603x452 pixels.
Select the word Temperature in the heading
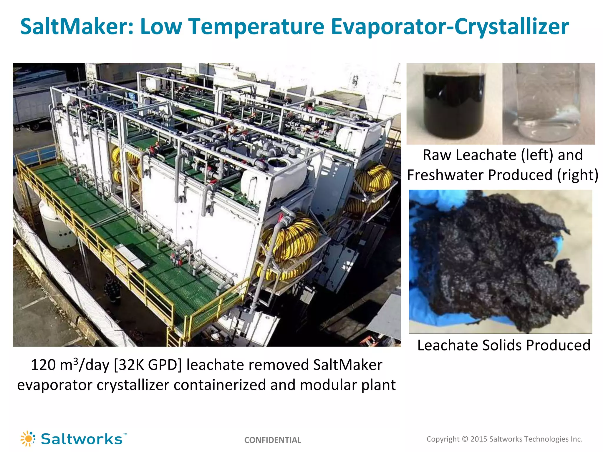pos(256,27)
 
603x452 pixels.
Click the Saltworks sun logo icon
pos(28,439)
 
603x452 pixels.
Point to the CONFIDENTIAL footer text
pos(273,440)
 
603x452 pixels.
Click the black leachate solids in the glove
pos(498,262)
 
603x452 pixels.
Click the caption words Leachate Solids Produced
pos(504,345)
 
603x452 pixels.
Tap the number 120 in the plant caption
pos(43,365)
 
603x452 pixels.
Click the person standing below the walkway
pos(112,290)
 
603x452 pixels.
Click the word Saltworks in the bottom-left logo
pos(82,439)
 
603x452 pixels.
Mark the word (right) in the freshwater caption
pos(577,175)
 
